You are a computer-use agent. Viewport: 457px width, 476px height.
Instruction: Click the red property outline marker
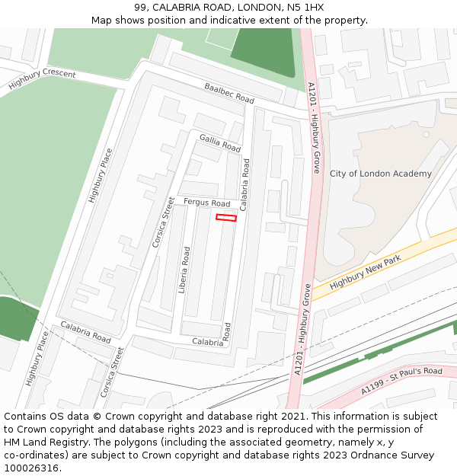(x=226, y=218)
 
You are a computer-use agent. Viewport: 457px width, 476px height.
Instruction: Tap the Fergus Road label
(x=206, y=203)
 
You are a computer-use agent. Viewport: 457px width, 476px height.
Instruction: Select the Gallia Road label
(x=219, y=142)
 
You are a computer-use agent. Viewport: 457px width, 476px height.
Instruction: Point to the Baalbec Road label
(x=228, y=93)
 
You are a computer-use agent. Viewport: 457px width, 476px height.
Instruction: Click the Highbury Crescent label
(x=42, y=79)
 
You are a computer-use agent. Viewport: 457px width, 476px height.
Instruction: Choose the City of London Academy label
(x=380, y=174)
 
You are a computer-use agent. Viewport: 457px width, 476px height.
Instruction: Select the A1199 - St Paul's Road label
(x=401, y=381)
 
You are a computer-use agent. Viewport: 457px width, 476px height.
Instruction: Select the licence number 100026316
(x=31, y=468)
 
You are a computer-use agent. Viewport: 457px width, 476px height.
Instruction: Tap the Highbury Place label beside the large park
(x=101, y=174)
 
